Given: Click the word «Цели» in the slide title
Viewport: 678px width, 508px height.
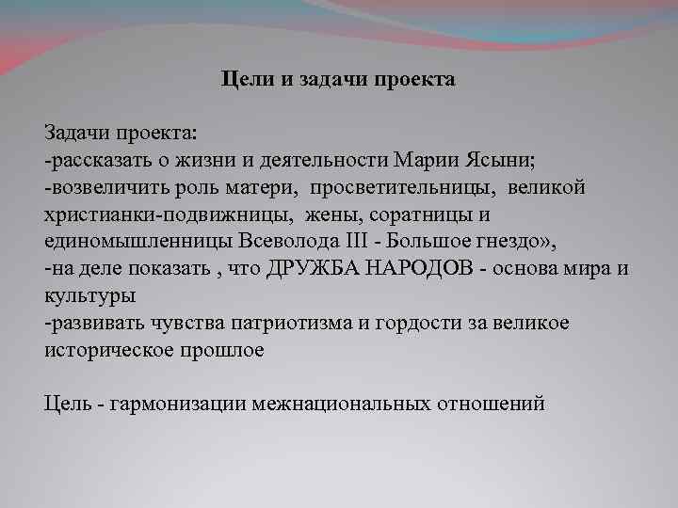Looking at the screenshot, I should [x=247, y=80].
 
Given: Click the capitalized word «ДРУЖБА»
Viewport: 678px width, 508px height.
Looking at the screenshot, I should [x=307, y=268].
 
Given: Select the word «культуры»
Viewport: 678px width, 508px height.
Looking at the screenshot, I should [x=89, y=294].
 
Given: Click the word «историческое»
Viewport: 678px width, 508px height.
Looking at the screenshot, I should [x=102, y=350].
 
